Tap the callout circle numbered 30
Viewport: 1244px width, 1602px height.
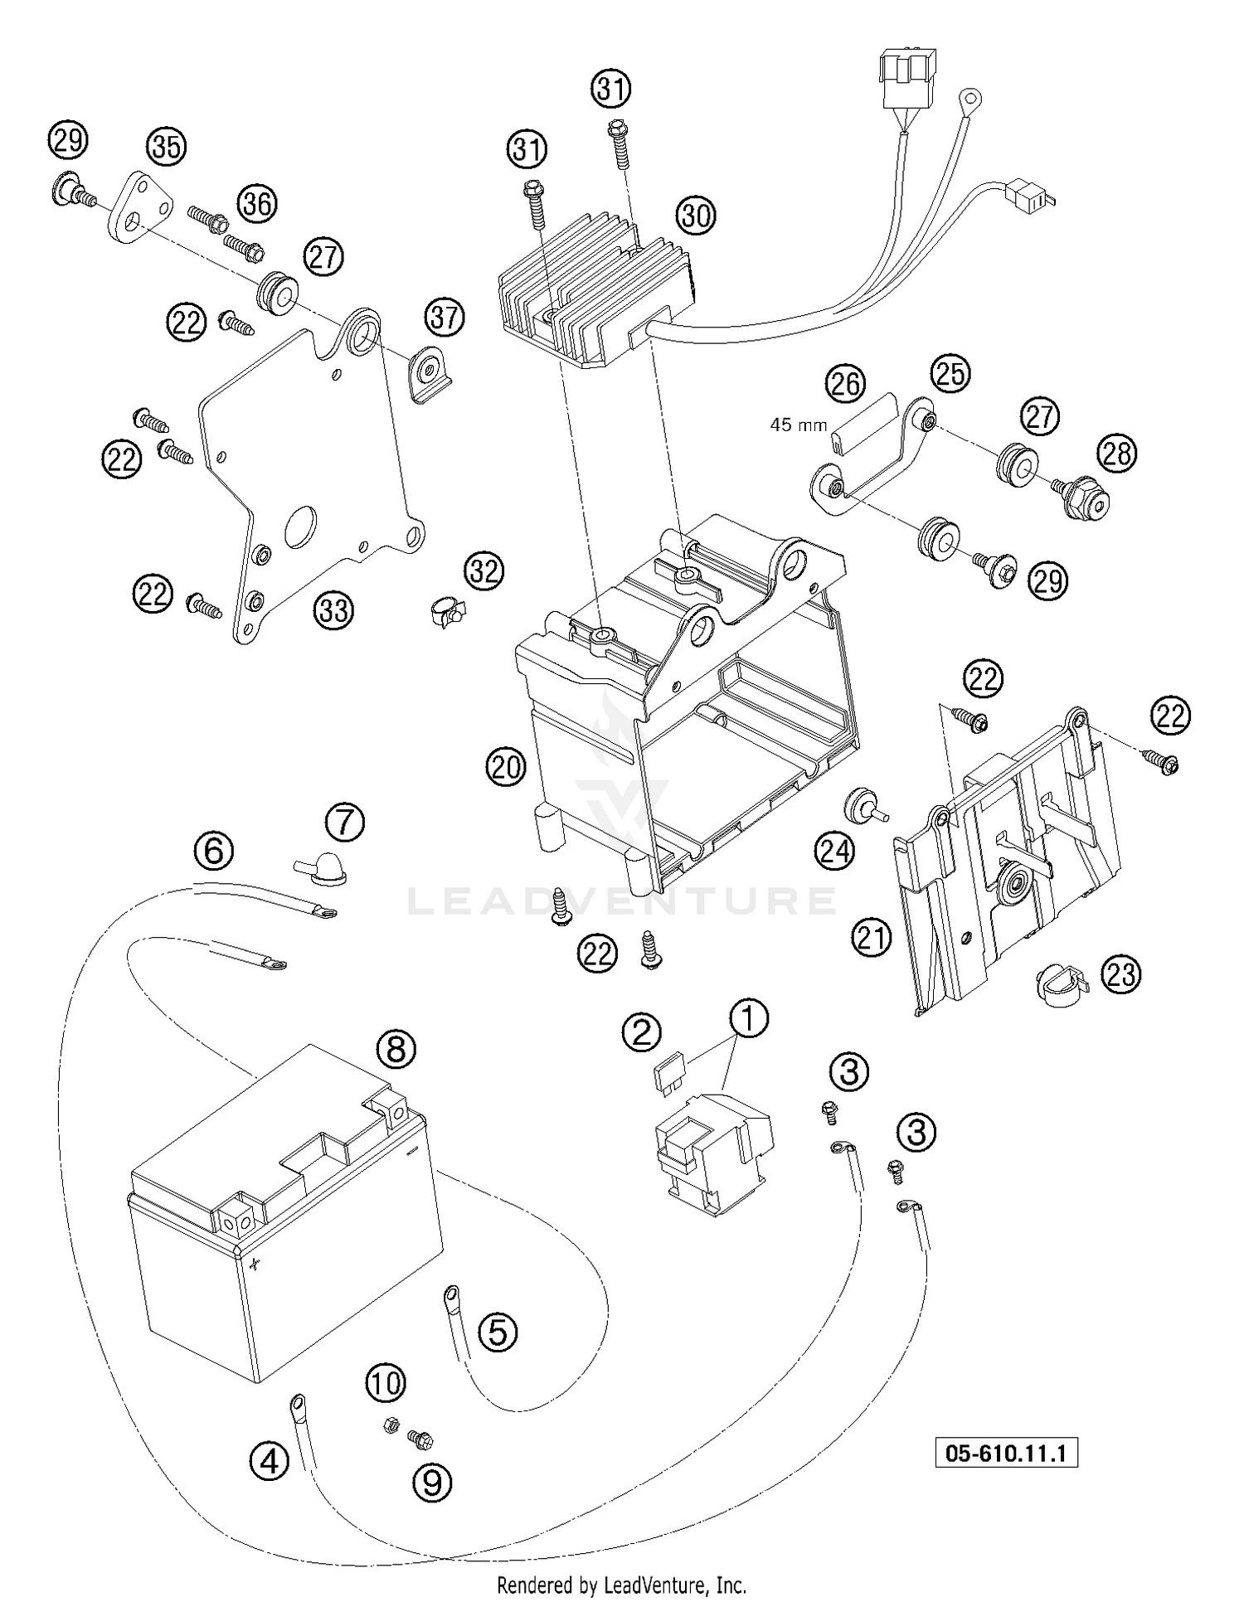697,216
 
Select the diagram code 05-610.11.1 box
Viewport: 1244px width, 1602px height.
1006,1453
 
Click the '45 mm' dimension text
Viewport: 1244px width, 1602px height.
799,425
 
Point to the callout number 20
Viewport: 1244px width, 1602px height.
506,766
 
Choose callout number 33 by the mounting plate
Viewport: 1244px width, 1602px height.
333,610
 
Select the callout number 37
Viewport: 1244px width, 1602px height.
445,317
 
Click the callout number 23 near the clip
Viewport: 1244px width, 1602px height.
1120,974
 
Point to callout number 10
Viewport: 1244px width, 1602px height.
385,1382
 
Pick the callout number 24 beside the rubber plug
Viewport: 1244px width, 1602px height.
834,851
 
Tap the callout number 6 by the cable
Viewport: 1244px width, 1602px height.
214,850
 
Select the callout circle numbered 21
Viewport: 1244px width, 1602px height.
871,938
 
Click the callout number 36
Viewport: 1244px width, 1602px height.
257,203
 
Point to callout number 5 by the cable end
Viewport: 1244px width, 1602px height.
497,1331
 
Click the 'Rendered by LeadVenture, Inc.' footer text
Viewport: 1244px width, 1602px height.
621,1585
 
